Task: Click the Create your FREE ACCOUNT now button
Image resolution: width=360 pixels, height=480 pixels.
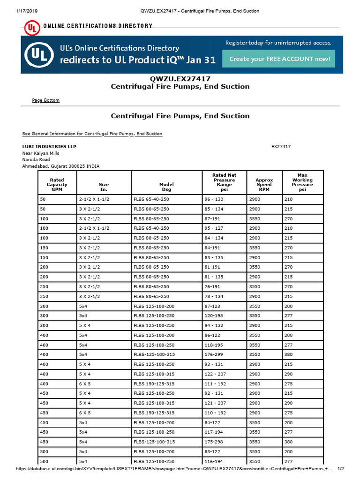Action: [x=279, y=59]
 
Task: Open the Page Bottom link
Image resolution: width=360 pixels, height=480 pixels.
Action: [x=45, y=100]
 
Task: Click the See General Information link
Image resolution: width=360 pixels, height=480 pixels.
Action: [x=92, y=134]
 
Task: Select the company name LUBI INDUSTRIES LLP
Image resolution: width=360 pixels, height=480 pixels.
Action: [x=49, y=147]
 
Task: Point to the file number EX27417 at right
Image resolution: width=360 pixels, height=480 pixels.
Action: [x=281, y=147]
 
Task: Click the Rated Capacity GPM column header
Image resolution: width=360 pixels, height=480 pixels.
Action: [x=57, y=185]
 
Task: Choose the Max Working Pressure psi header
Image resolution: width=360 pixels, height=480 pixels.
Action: [x=302, y=182]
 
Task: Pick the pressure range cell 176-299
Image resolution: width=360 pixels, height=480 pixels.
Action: [x=216, y=354]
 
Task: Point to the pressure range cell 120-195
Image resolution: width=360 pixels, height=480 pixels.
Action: [x=216, y=315]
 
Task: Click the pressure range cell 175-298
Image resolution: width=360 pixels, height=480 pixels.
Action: [x=216, y=442]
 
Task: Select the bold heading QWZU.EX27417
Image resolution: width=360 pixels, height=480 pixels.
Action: [x=180, y=78]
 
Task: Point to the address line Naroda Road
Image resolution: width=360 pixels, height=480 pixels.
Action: [x=36, y=159]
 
